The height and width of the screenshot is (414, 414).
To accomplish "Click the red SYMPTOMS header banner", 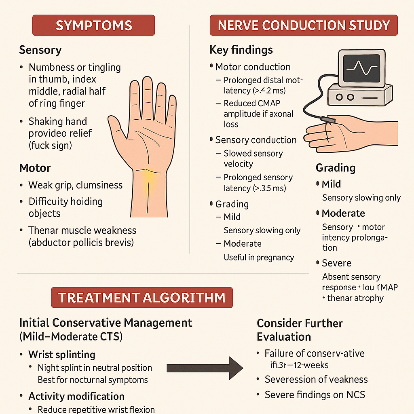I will click(93, 25).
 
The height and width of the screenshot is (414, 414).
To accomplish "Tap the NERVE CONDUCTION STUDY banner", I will click(303, 25).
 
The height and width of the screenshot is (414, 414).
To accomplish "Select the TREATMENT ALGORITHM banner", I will click(142, 298).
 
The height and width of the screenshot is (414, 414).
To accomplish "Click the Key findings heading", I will click(241, 50).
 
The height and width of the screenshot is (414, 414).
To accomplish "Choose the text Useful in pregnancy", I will click(259, 258).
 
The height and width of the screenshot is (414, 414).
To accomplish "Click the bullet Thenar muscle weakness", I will click(82, 230).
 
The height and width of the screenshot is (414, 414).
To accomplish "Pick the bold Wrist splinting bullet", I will click(61, 355).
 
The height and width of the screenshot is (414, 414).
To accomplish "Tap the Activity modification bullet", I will click(76, 396).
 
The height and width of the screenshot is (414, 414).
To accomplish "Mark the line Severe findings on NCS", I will click(315, 395).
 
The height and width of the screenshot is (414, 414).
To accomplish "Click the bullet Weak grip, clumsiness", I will click(75, 185).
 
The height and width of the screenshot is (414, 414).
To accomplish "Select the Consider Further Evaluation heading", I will click(300, 330).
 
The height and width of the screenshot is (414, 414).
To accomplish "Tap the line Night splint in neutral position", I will click(95, 368).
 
